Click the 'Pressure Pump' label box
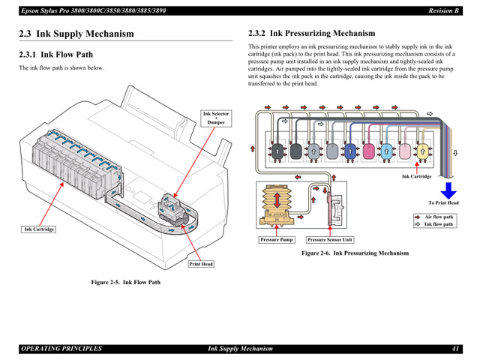pyautogui.click(x=277, y=240)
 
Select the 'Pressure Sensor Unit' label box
pyautogui.click(x=329, y=240)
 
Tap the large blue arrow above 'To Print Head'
pyautogui.click(x=448, y=189)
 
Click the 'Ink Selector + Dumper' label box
pyautogui.click(x=216, y=118)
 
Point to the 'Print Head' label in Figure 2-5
pyautogui.click(x=201, y=264)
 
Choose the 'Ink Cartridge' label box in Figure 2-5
pyautogui.click(x=39, y=229)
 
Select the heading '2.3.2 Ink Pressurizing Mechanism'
pyautogui.click(x=311, y=34)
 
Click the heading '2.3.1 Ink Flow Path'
pyautogui.click(x=56, y=55)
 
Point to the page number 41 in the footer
pyautogui.click(x=455, y=349)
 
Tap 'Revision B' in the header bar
pyautogui.click(x=443, y=10)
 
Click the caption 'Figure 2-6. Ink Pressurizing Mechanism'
pyautogui.click(x=355, y=253)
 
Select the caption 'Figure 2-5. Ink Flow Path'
pyautogui.click(x=126, y=282)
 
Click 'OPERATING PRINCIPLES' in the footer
pyautogui.click(x=61, y=349)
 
